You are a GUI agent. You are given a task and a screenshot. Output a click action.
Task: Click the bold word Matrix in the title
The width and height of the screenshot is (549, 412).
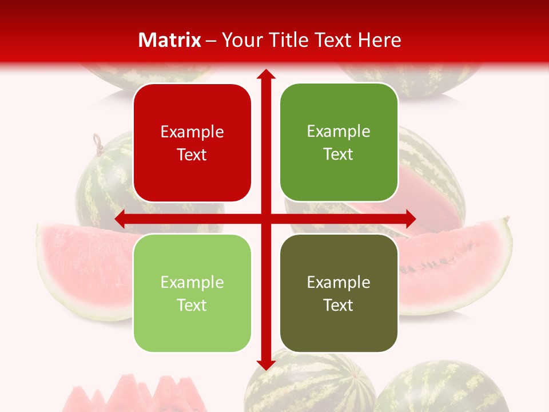[x=170, y=40]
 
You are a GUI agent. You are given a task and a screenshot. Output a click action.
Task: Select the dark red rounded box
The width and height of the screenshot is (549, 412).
[x=192, y=142]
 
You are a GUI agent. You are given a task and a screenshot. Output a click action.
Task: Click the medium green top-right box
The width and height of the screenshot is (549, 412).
[x=339, y=142]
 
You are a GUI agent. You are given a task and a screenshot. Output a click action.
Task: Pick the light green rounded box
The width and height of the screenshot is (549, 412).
[x=192, y=293]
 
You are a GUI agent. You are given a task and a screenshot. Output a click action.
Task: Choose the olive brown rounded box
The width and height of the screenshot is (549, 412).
[x=339, y=293]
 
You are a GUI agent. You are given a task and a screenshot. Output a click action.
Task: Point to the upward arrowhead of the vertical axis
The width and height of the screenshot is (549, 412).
[x=265, y=74]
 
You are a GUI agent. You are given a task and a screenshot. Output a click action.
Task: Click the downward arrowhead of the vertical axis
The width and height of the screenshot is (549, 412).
[x=265, y=364]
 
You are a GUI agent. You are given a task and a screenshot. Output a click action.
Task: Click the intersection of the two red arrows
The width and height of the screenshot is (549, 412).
[x=265, y=219]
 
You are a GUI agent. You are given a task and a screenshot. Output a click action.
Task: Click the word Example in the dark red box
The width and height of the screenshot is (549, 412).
[x=192, y=132]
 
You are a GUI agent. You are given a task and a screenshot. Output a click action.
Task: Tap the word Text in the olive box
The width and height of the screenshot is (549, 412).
[x=339, y=305]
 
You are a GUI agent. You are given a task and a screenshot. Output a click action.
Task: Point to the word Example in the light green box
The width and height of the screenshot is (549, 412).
[x=192, y=283]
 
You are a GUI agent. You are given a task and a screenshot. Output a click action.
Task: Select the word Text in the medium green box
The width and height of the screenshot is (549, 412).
[x=339, y=154]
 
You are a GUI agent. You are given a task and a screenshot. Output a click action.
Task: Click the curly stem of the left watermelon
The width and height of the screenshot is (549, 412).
[x=98, y=140]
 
